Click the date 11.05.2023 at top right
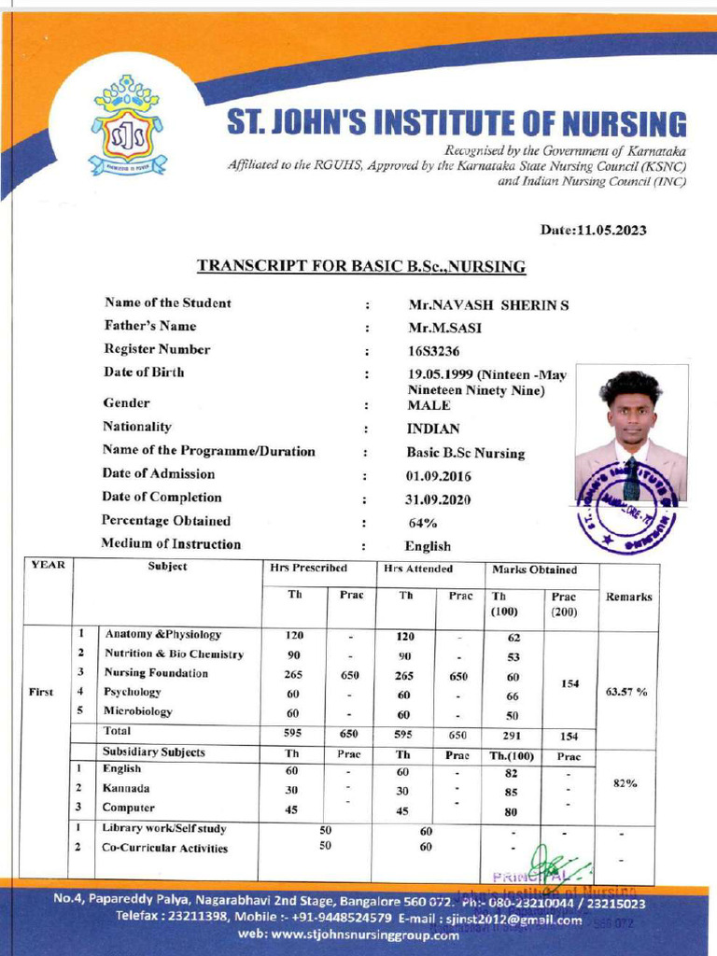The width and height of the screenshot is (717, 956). tap(593, 230)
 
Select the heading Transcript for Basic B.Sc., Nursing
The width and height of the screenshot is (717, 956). tap(361, 267)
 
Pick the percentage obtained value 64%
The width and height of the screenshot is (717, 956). tap(423, 523)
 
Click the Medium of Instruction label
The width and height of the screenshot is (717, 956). tap(171, 544)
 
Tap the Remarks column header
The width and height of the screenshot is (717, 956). tap(628, 596)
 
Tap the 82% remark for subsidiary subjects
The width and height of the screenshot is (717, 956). tap(624, 784)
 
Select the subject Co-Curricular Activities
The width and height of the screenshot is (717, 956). tap(164, 849)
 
